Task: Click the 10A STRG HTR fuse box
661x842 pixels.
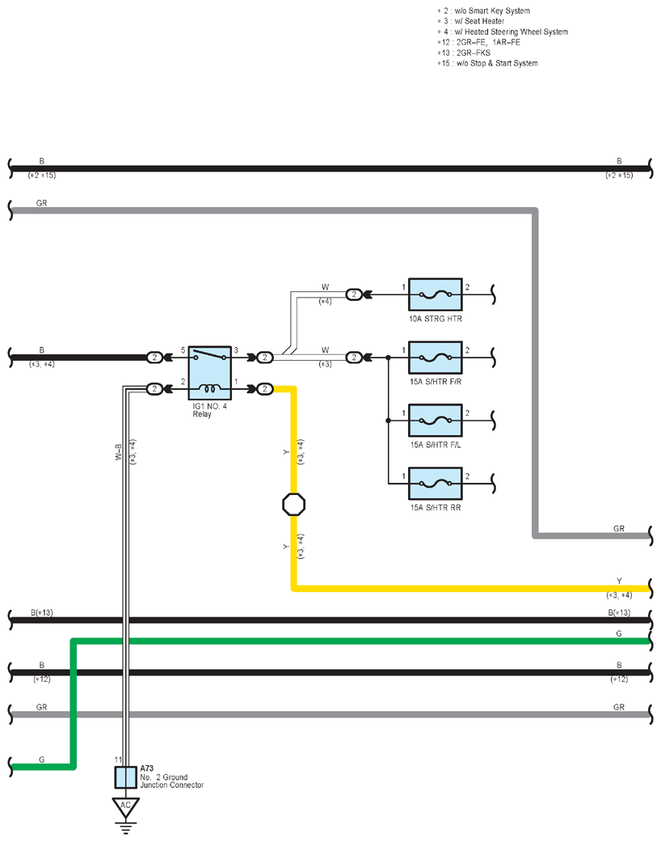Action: point(435,294)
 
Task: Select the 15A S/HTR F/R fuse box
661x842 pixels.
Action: point(435,358)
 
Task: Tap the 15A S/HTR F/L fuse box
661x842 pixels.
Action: point(435,421)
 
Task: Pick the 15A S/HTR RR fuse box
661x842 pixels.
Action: point(435,484)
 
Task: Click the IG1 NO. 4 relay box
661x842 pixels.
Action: point(210,373)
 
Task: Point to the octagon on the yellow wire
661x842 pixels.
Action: point(294,504)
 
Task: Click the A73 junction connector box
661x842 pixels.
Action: point(125,777)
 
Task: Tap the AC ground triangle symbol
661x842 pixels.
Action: point(125,807)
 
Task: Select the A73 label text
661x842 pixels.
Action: point(147,769)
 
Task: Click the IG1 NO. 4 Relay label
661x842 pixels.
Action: point(210,410)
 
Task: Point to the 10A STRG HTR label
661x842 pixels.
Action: point(436,319)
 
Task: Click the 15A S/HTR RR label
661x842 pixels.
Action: point(436,507)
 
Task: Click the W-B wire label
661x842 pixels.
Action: point(119,452)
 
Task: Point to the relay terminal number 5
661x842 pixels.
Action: point(183,350)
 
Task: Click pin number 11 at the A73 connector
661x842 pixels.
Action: point(118,759)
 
